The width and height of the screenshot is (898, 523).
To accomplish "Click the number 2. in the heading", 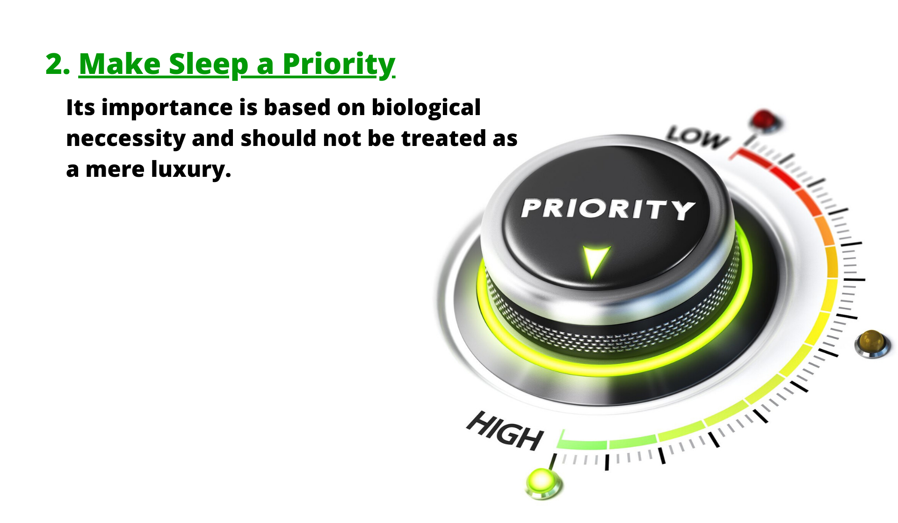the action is point(58,64).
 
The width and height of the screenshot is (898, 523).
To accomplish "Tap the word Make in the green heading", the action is point(120,64).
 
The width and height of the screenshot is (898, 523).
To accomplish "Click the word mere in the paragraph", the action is point(115,170).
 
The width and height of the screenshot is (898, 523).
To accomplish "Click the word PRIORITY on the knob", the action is point(608,209).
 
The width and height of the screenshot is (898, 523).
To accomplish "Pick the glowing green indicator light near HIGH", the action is point(543,483).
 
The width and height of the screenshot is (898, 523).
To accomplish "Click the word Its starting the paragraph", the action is point(81,108).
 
